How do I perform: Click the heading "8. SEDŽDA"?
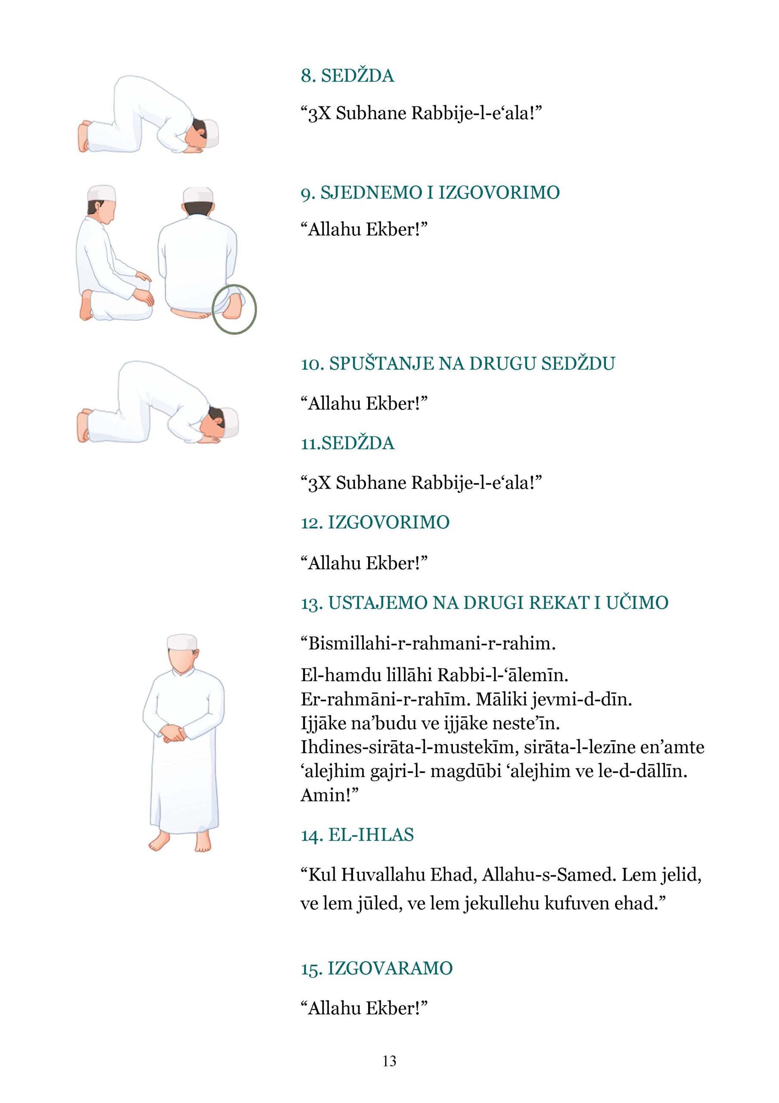click(347, 76)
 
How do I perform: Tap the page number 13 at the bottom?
click(389, 1061)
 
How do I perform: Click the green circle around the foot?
click(234, 309)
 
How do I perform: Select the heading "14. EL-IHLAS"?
click(357, 835)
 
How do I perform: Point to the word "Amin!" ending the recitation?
click(326, 795)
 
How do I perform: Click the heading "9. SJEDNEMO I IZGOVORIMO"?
click(430, 193)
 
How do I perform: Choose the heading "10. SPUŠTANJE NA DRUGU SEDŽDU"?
click(458, 364)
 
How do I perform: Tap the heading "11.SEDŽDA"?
click(347, 443)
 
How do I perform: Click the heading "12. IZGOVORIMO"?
click(375, 522)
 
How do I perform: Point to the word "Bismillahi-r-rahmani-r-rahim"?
click(428, 643)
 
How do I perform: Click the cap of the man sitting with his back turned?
click(198, 196)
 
